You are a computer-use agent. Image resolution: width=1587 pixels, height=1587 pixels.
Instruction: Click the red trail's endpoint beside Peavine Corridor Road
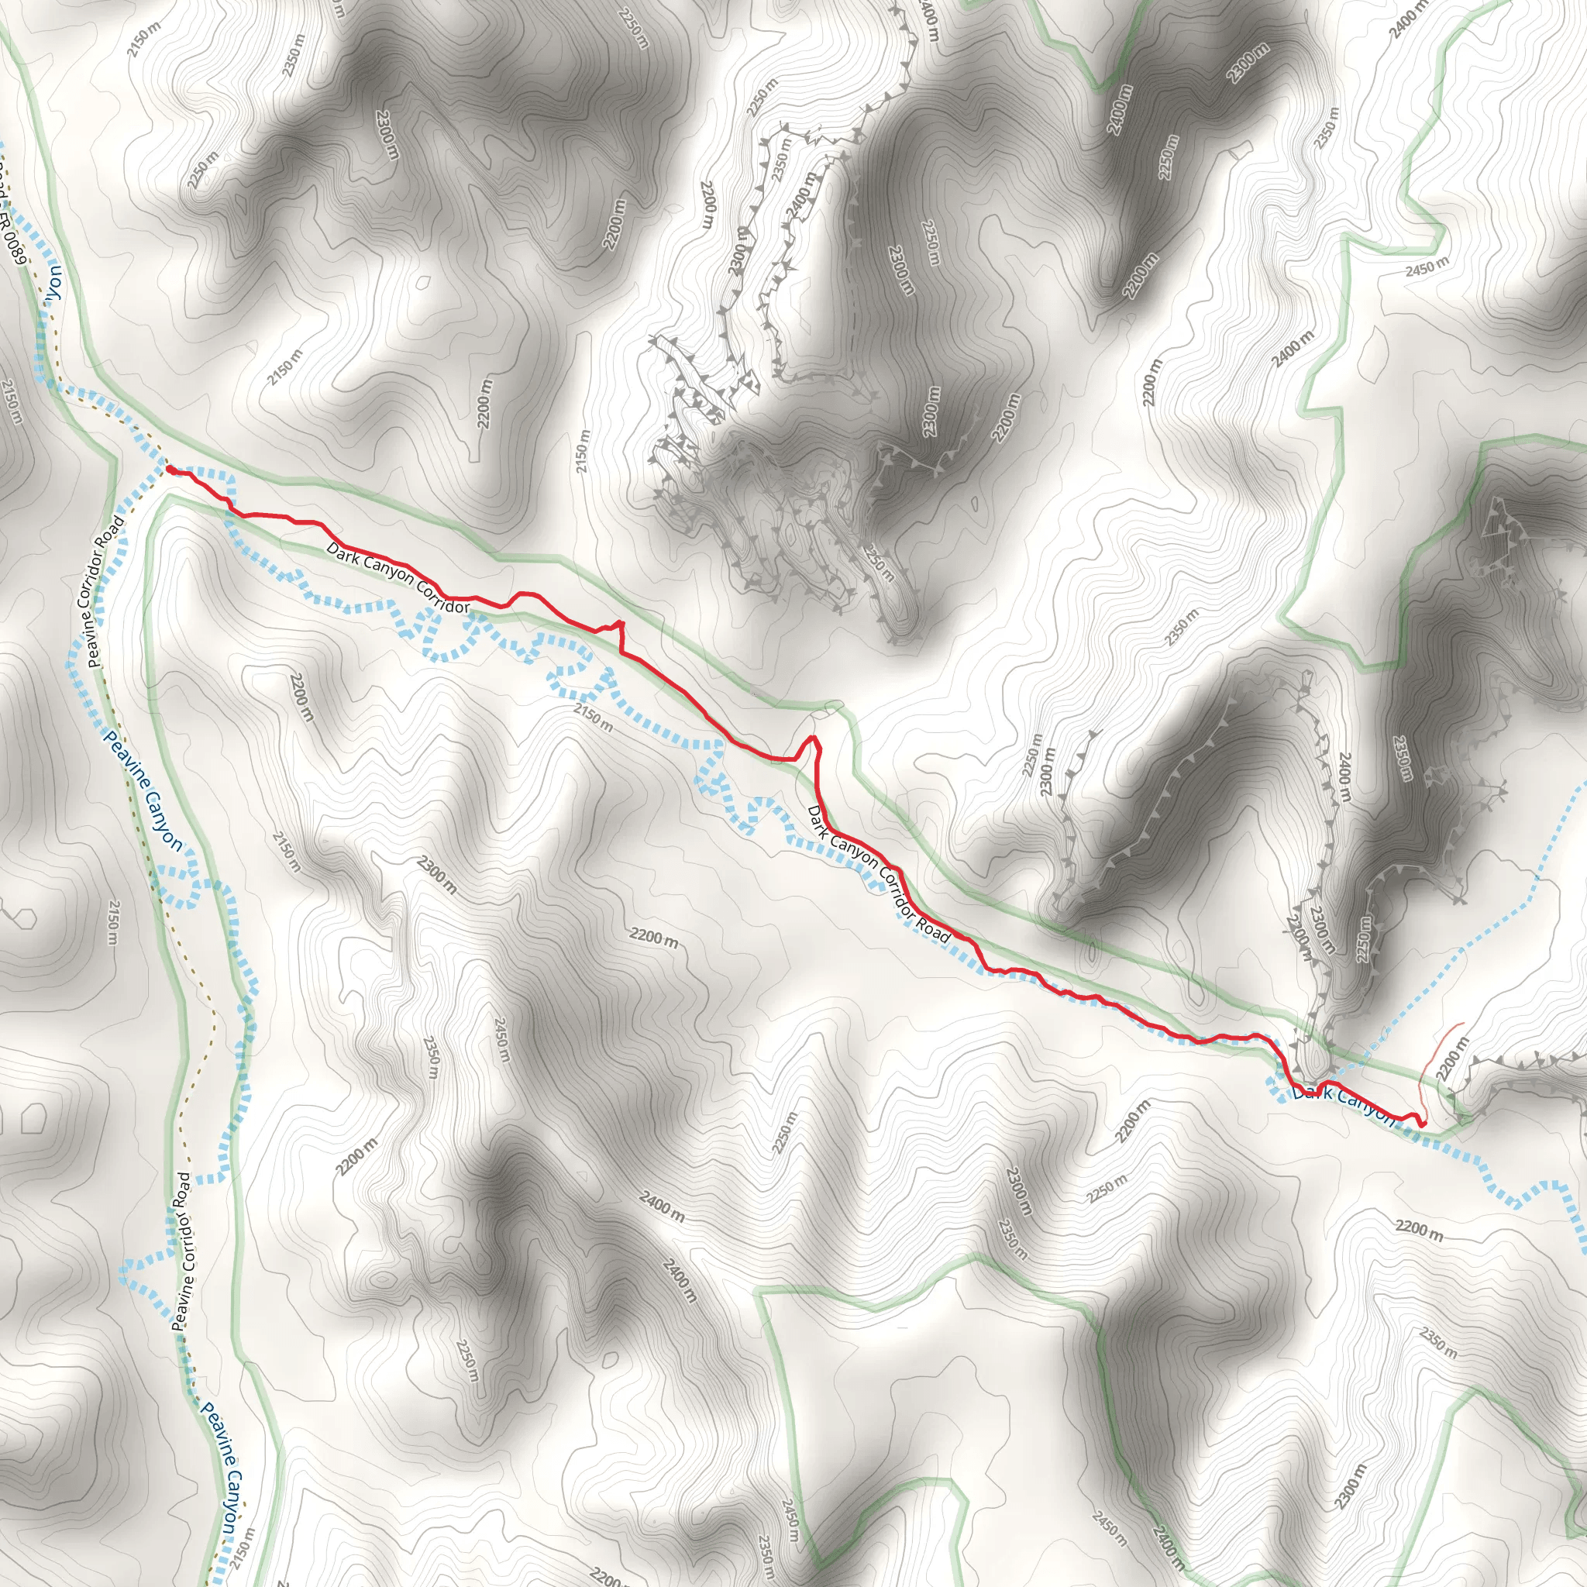tap(169, 468)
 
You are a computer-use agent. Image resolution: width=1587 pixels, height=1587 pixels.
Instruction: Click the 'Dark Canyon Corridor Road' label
tap(878, 873)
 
